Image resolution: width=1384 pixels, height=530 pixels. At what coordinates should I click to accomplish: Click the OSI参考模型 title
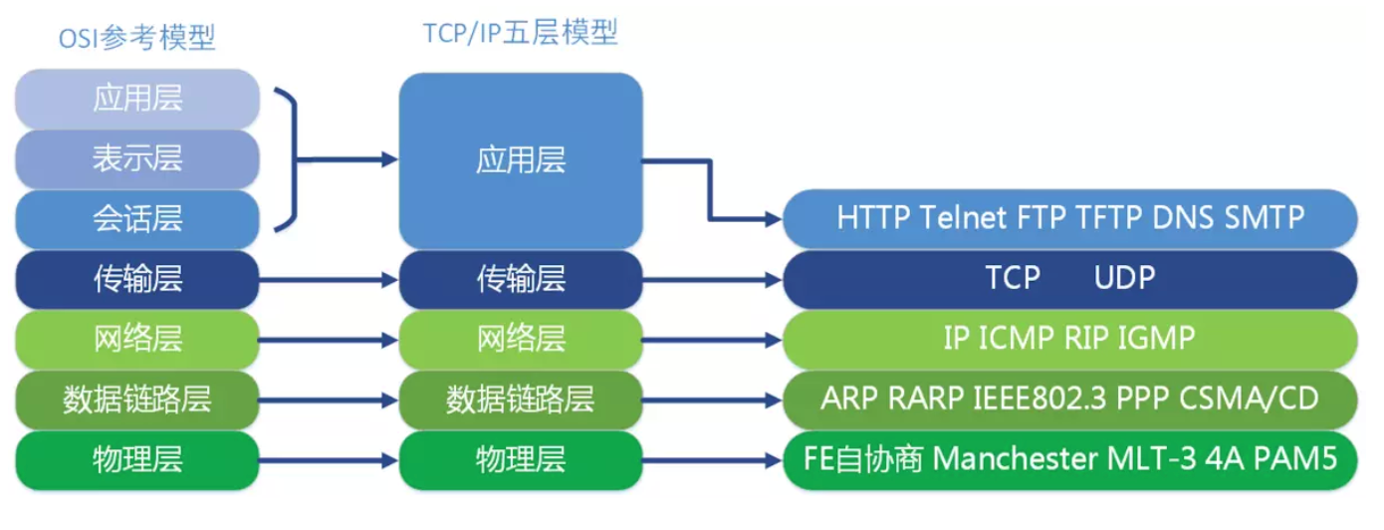pos(137,39)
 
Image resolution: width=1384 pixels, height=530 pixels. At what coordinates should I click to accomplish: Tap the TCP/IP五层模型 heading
pos(520,33)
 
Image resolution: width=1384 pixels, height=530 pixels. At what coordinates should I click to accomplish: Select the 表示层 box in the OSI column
pos(137,158)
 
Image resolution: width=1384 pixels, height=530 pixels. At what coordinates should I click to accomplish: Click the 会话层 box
pos(137,218)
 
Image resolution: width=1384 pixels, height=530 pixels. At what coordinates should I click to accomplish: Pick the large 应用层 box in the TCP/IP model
pos(520,159)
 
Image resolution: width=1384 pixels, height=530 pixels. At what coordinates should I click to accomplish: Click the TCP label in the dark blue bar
pos(1013,278)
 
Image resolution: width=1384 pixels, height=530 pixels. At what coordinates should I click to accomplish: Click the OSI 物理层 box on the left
pos(137,459)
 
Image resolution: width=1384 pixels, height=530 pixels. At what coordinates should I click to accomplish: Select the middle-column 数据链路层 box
pos(520,398)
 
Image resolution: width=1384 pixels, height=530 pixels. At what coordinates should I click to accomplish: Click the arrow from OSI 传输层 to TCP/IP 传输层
pos(329,279)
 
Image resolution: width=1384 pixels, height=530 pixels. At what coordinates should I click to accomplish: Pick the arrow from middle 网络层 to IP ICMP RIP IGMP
pos(712,339)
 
